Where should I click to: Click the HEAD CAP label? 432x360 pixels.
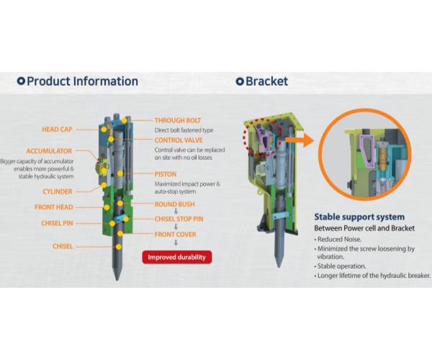[x=57, y=130]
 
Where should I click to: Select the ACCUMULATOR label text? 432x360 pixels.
[x=49, y=151]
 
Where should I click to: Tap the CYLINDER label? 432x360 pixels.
[x=58, y=192]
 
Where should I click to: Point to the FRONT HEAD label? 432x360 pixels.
[x=54, y=207]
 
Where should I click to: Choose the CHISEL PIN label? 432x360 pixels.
[x=57, y=223]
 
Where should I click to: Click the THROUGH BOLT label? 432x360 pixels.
[x=178, y=121]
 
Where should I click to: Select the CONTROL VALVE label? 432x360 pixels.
[x=179, y=140]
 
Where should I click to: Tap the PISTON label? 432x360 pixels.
[x=166, y=174]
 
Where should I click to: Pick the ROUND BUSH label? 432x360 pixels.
[x=175, y=204]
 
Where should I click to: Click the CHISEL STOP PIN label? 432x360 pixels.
[x=179, y=220]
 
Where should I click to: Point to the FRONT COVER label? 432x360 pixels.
[x=175, y=235]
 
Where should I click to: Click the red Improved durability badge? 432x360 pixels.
[x=177, y=257]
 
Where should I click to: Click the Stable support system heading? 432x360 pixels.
[x=359, y=217]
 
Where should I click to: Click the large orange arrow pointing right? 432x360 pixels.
[x=300, y=140]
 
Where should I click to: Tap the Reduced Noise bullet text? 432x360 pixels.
[x=339, y=239]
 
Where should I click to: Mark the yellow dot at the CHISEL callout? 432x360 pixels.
[x=119, y=247]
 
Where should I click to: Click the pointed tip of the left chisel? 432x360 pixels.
[x=117, y=280]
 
